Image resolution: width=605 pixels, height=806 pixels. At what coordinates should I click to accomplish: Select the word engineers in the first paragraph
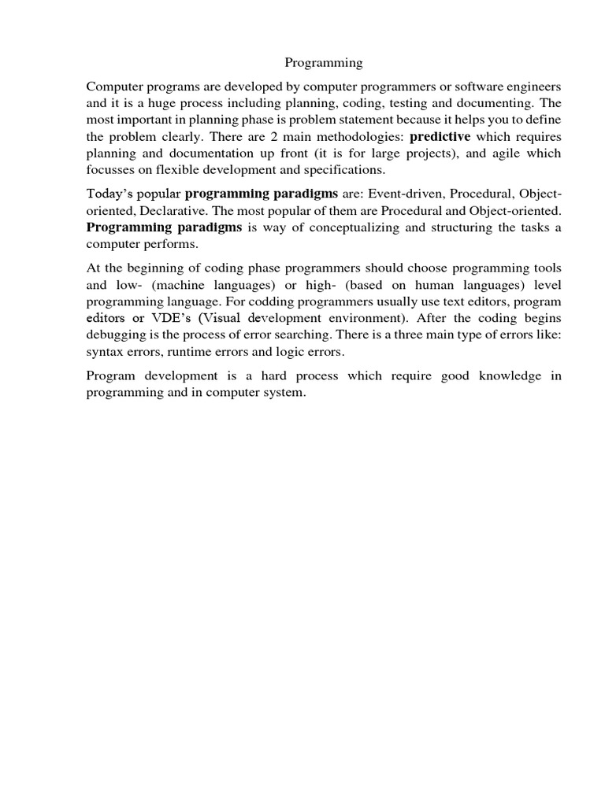point(534,85)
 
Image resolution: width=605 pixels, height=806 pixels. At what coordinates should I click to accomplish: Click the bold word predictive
point(440,136)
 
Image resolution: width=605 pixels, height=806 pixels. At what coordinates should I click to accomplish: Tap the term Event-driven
point(403,194)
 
